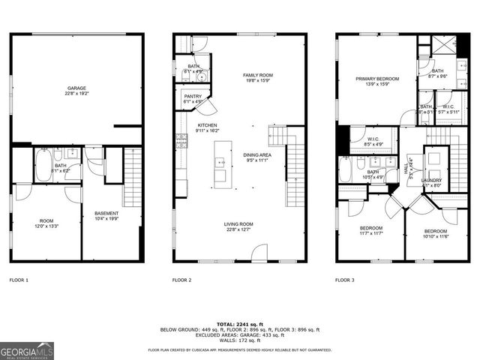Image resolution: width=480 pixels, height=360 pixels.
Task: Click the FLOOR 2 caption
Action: click(x=182, y=280)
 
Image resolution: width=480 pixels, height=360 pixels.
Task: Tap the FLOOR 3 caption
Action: click(x=346, y=280)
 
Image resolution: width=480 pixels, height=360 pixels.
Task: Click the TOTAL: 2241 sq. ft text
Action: click(x=241, y=323)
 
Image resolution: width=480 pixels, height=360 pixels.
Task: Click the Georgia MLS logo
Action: click(x=27, y=349)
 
